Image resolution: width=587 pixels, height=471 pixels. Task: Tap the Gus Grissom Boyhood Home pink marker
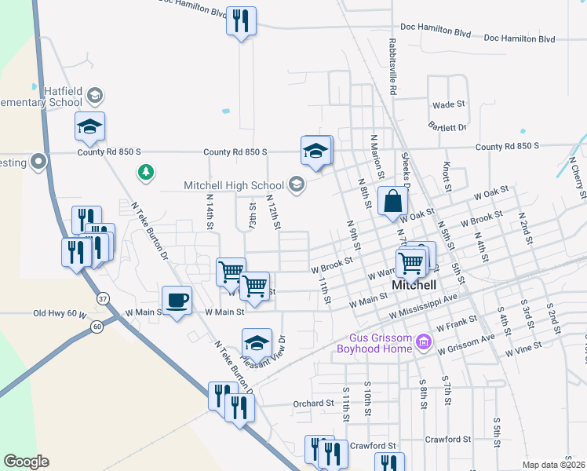(x=424, y=341)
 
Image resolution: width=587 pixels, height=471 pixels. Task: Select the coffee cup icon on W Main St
(x=177, y=299)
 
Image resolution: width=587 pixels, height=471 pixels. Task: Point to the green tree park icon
(x=144, y=171)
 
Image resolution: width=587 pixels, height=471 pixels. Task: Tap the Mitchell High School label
(x=233, y=185)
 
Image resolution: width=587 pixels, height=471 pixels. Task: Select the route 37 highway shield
(x=102, y=298)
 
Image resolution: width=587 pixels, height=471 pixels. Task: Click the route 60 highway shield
(x=97, y=325)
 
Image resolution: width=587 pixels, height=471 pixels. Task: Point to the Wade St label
(x=449, y=104)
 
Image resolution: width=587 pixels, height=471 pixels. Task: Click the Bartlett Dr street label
(x=447, y=126)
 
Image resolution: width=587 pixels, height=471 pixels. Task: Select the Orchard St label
(x=313, y=403)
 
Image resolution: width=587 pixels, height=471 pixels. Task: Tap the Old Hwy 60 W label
(x=59, y=313)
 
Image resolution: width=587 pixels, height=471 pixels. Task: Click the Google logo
(x=26, y=462)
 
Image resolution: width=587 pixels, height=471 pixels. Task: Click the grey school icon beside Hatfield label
(x=94, y=96)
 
